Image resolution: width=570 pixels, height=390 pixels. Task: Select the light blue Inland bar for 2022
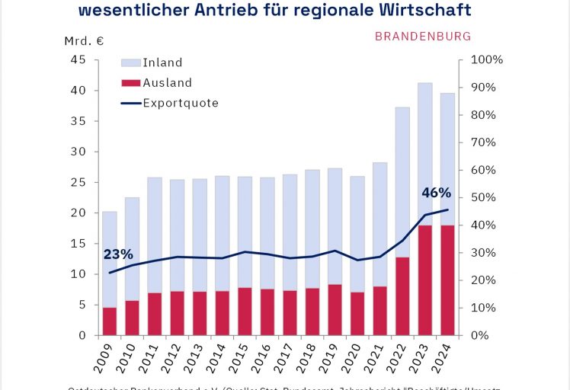point(402,183)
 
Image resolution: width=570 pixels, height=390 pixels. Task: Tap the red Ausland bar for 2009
point(110,321)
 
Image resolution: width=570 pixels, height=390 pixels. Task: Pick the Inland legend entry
point(162,62)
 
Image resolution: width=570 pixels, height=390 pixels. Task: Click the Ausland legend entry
point(167,82)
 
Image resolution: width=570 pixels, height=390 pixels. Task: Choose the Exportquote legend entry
point(181,103)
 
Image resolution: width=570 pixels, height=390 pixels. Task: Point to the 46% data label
point(436,193)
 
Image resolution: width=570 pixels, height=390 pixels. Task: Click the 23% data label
point(118,254)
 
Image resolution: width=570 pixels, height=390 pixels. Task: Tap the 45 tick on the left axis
point(78,60)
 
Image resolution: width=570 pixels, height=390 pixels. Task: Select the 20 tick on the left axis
point(78,213)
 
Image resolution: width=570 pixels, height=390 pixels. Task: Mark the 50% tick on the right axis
point(485,198)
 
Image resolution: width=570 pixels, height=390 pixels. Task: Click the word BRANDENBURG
point(423,36)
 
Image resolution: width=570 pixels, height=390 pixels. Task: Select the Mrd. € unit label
point(83,40)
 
